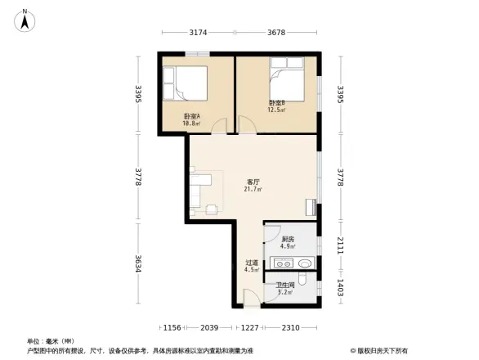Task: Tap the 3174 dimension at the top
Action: pos(197,33)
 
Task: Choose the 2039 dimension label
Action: pos(209,328)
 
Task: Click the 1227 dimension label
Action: pos(249,328)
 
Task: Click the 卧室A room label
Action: pos(191,116)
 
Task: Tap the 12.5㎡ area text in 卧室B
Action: pos(277,109)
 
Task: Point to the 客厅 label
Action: pos(253,182)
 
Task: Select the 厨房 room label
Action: pos(288,239)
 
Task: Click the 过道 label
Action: pos(252,263)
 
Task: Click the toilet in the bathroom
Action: pos(303,281)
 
